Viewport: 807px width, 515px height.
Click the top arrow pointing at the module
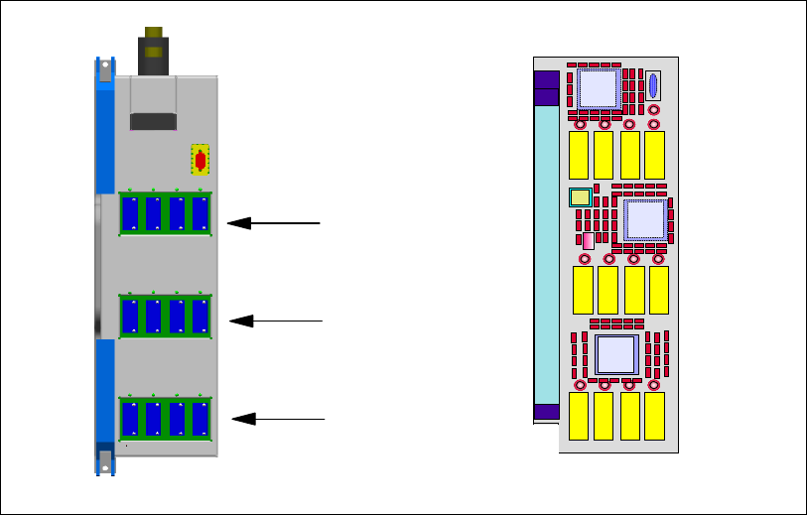[273, 223]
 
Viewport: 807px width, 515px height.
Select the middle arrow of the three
[276, 321]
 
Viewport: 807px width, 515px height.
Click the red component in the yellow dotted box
[201, 160]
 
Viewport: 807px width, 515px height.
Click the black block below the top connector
[154, 121]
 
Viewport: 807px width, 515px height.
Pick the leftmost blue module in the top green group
[130, 213]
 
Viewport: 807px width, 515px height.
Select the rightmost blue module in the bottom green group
[201, 418]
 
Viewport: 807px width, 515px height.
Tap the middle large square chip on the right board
[644, 219]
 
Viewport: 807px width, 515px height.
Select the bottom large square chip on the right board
[615, 353]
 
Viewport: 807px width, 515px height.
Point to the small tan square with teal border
[581, 196]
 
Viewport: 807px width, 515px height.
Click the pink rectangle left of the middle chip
[588, 241]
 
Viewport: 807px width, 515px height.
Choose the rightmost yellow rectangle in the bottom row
[654, 417]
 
